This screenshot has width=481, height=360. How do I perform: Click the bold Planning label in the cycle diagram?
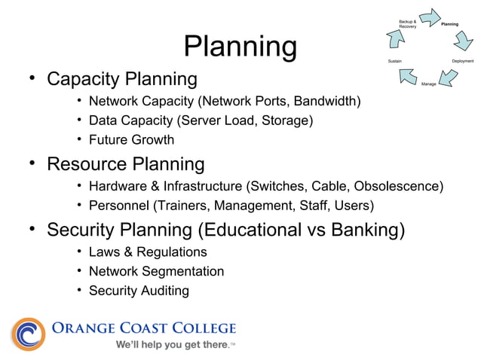[450, 24]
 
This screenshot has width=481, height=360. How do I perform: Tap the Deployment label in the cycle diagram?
[462, 60]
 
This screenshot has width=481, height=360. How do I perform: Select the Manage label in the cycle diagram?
[428, 83]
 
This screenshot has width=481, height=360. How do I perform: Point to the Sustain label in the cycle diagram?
[395, 60]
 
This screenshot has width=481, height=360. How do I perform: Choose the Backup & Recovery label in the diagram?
[407, 24]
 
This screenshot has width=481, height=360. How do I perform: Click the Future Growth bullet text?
[131, 139]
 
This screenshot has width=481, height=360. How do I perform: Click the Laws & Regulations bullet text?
[147, 252]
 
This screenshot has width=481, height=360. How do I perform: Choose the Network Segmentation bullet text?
[156, 271]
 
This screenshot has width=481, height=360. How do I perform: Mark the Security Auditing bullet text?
[139, 290]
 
